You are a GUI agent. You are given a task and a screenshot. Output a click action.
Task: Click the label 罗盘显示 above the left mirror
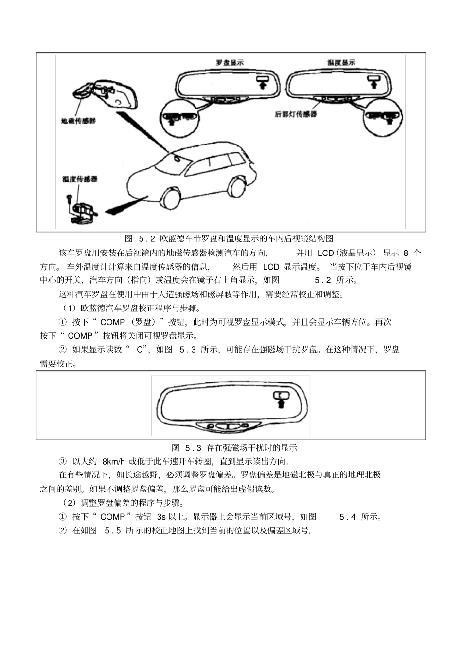(x=230, y=63)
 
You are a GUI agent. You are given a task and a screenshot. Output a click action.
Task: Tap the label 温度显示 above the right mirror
(x=341, y=63)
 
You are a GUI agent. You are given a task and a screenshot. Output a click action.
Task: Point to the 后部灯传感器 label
(x=296, y=114)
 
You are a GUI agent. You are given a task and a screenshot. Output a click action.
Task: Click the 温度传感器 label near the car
(x=80, y=179)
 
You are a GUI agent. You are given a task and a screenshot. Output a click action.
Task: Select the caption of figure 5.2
(x=229, y=239)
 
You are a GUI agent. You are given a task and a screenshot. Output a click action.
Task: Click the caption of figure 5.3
(x=234, y=448)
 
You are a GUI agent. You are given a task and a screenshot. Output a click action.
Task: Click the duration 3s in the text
(x=161, y=517)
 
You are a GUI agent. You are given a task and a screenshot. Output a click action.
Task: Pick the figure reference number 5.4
(x=347, y=517)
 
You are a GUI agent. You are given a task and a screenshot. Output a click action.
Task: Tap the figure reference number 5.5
(x=113, y=530)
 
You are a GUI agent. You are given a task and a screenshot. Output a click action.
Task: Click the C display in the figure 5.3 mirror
(x=281, y=395)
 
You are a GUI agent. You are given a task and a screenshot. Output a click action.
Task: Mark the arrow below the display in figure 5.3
(x=281, y=403)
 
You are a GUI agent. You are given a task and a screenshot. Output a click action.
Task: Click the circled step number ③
(x=62, y=461)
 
